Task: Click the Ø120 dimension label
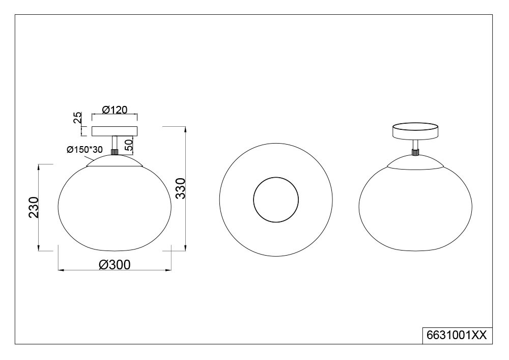tap(115, 109)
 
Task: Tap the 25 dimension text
tap(77, 118)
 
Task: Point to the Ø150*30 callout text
tap(84, 150)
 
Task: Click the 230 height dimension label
tap(34, 207)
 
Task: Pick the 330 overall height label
tap(180, 188)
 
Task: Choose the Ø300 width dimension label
tap(114, 265)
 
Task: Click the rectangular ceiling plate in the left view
tap(115, 131)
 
